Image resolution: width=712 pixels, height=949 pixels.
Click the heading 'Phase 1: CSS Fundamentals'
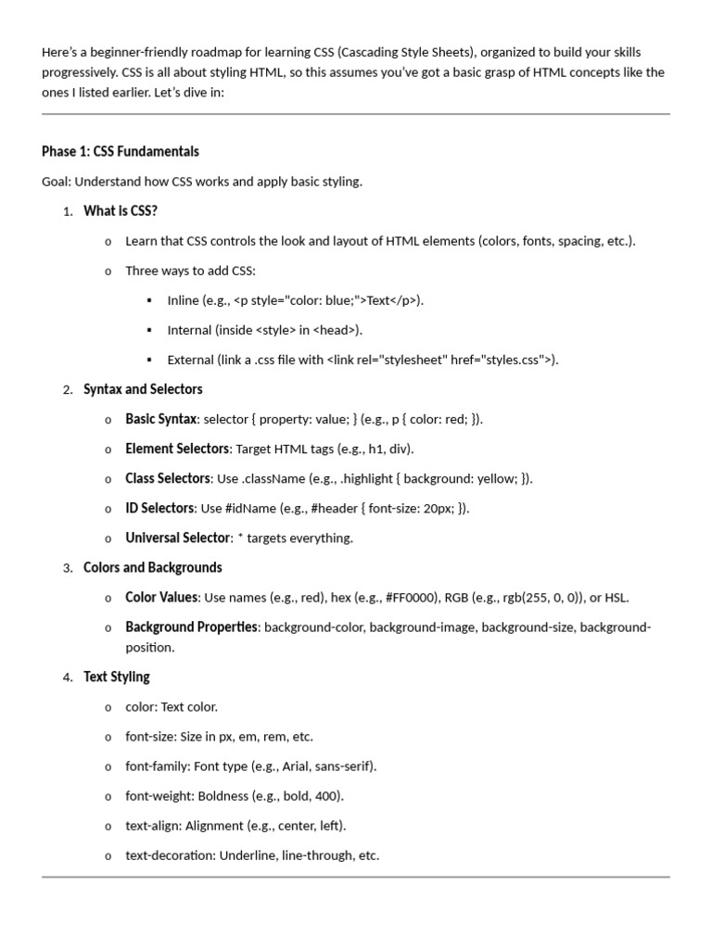click(x=121, y=151)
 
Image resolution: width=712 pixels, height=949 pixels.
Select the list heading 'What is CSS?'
click(x=121, y=211)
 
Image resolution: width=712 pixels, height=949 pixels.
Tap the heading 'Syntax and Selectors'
click(x=143, y=389)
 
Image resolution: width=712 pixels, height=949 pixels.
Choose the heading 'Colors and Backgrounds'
click(x=153, y=567)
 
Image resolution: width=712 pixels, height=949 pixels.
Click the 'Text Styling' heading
click(x=117, y=677)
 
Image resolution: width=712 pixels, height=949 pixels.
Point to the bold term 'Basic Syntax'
click(x=161, y=419)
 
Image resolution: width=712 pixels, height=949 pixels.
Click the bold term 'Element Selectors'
click(x=177, y=449)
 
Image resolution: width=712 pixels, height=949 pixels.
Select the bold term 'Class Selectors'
click(x=168, y=478)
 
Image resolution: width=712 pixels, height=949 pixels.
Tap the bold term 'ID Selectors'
click(x=159, y=508)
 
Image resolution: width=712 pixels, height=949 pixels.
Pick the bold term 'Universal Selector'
click(x=177, y=538)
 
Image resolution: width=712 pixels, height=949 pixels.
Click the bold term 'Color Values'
click(x=161, y=597)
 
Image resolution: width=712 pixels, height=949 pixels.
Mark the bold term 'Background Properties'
click(x=192, y=627)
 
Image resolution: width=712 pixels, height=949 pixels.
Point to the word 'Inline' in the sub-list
click(x=183, y=300)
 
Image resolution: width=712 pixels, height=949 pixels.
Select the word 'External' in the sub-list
click(x=191, y=360)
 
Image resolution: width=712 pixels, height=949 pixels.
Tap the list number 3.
click(x=67, y=568)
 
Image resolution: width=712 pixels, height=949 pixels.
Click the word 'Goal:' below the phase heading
click(x=57, y=182)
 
